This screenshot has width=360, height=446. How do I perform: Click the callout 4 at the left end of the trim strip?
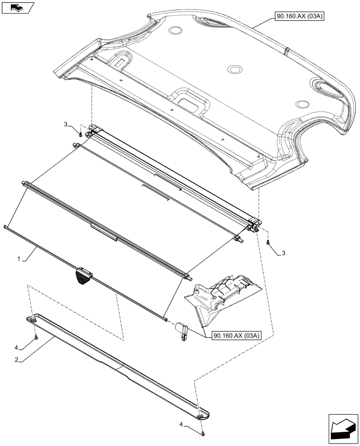tap(17, 347)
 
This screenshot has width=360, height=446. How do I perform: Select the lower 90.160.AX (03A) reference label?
tap(237, 335)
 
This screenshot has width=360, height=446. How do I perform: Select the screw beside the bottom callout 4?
tap(203, 432)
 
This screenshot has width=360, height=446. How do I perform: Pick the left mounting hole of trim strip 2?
tap(33, 320)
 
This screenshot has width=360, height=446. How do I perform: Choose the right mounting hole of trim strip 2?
tap(200, 416)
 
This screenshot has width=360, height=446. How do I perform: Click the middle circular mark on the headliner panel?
tap(234, 70)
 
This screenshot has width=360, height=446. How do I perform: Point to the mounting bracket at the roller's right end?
tap(253, 221)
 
